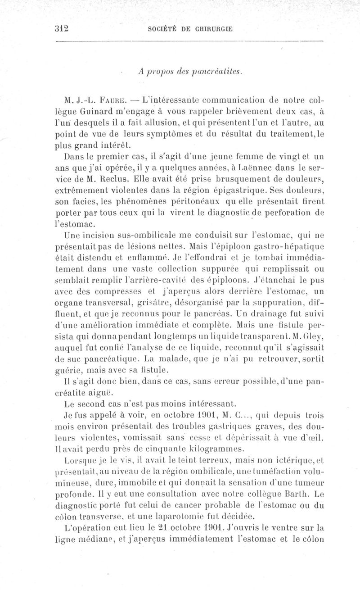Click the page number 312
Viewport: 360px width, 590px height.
(x=61, y=28)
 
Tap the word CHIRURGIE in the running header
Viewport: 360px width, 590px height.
(x=213, y=28)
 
